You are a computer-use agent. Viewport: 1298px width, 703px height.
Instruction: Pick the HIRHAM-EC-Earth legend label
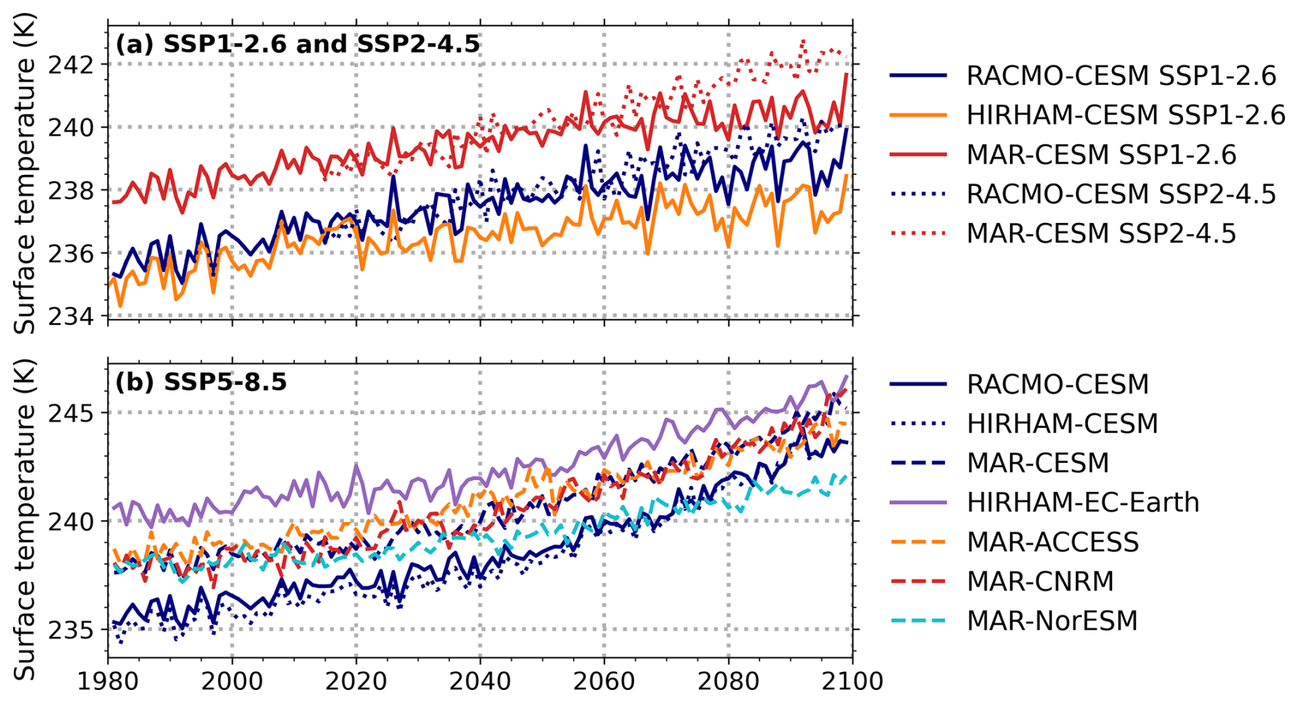pos(1083,502)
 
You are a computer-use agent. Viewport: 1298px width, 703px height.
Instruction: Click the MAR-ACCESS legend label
pos(1052,542)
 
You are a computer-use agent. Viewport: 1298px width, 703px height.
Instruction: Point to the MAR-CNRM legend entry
pos(1040,581)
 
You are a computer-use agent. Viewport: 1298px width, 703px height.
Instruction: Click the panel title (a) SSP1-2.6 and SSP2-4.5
pos(298,44)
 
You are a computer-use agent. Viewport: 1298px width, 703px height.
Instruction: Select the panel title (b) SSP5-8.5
pos(201,381)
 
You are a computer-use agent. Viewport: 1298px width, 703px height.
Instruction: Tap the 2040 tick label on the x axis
pos(480,682)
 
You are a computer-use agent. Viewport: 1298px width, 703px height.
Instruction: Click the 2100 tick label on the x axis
pos(852,682)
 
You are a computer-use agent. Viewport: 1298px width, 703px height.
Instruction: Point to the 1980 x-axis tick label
pos(108,682)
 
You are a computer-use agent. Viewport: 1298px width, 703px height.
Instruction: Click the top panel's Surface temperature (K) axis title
pos(25,173)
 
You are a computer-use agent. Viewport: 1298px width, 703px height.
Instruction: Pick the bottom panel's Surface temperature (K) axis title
pos(25,519)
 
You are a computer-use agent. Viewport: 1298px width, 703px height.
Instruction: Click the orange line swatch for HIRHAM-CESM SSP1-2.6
pos(918,115)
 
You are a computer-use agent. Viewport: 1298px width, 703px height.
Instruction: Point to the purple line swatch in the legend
pos(918,502)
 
